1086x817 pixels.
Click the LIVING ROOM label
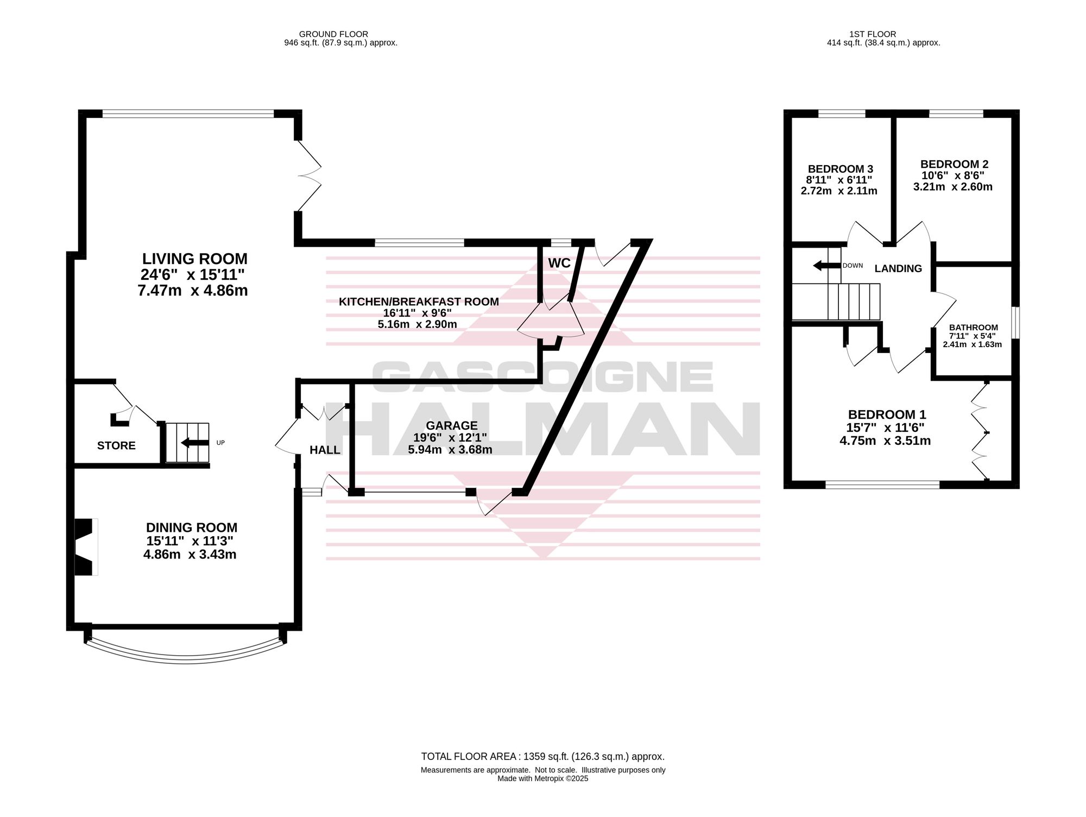click(194, 259)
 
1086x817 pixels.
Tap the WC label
click(559, 263)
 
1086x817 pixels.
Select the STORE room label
click(116, 445)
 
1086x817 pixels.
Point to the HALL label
click(325, 450)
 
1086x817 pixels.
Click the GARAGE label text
click(452, 426)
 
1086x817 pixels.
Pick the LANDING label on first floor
click(898, 268)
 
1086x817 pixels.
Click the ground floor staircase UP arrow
click(195, 443)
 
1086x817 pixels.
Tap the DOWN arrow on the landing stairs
click(826, 266)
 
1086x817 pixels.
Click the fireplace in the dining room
click(86, 547)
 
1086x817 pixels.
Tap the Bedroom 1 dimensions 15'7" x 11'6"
click(885, 428)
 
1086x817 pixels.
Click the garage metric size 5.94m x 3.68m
click(450, 449)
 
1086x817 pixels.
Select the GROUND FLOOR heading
click(333, 34)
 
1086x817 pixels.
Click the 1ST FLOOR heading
click(873, 34)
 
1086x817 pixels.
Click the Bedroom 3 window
click(842, 114)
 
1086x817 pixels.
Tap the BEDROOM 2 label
click(954, 164)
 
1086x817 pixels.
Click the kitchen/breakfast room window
click(419, 243)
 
